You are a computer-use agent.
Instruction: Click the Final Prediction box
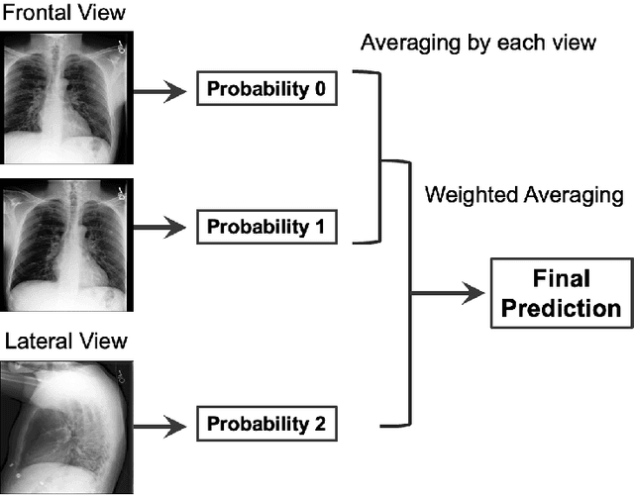point(560,293)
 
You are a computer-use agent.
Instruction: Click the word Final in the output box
point(560,278)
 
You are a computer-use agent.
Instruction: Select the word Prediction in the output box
point(560,308)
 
